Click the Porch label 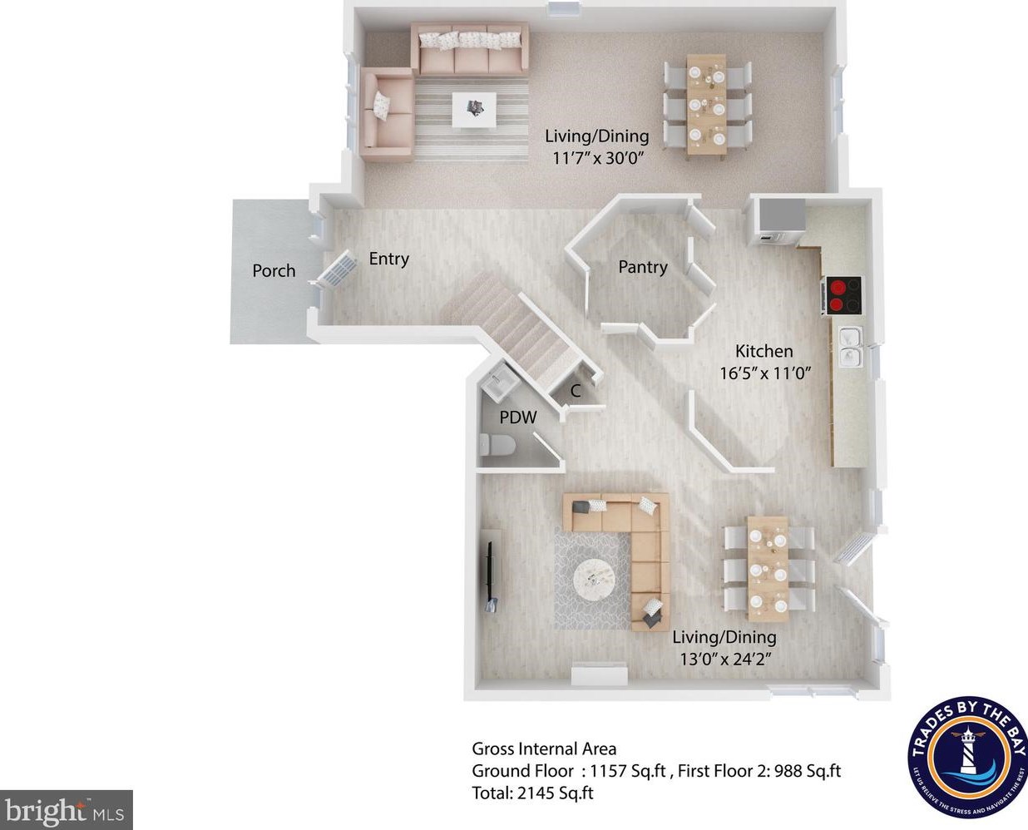tap(274, 271)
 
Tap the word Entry tap(388, 259)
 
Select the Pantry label tap(642, 267)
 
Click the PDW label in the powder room tap(517, 417)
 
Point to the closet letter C tap(576, 391)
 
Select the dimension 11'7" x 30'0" tap(596, 157)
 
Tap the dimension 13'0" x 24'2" tap(724, 659)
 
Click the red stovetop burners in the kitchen tap(844, 295)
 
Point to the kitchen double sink tap(849, 348)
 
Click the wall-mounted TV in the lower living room tap(489, 574)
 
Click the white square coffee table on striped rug tap(474, 109)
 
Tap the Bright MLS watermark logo tap(66, 809)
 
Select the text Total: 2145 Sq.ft tap(532, 793)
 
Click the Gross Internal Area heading tap(544, 748)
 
